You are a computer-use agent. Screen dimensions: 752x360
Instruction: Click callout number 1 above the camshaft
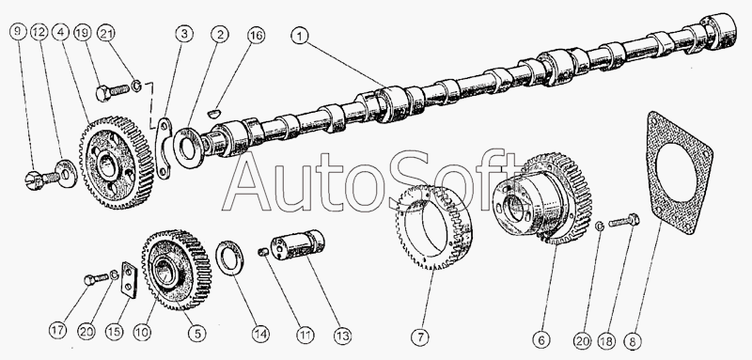[300, 37]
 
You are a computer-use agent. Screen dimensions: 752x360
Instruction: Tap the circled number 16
[256, 36]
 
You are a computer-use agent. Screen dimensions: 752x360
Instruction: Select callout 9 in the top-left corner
[18, 32]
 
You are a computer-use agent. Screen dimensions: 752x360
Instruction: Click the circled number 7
[420, 337]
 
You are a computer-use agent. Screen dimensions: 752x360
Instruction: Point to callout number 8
[633, 341]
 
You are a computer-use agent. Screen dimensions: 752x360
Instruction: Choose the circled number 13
[343, 335]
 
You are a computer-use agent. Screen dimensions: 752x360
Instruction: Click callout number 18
[605, 341]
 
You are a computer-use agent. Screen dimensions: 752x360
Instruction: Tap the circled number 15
[115, 332]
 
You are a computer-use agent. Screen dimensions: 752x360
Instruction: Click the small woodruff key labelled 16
[214, 113]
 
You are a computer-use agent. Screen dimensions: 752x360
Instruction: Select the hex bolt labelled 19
[112, 90]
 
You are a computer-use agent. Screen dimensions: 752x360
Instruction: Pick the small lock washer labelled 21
[137, 86]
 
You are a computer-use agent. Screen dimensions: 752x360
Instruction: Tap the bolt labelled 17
[97, 278]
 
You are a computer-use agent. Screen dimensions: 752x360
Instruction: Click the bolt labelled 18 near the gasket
[624, 221]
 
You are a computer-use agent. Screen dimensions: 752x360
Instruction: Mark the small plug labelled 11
[262, 251]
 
